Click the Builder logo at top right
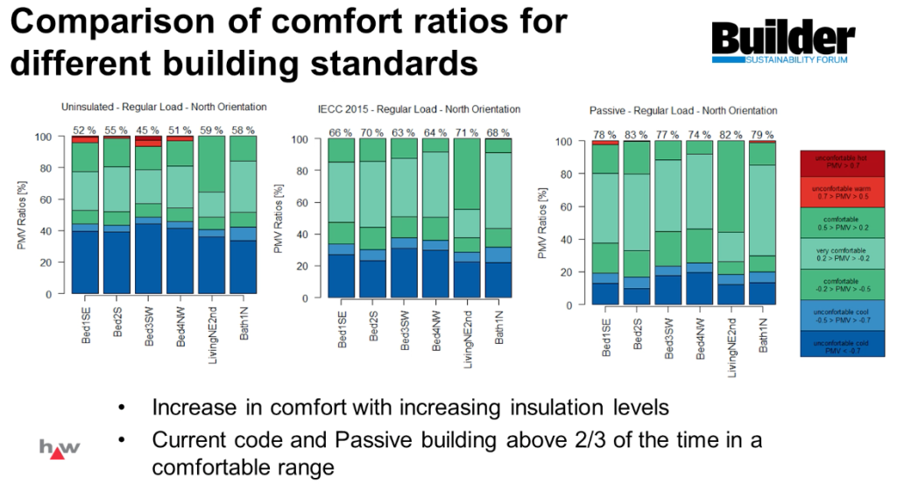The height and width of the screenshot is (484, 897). click(782, 44)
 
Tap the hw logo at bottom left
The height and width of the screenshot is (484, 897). click(60, 447)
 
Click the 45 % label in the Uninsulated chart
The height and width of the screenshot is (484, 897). click(149, 130)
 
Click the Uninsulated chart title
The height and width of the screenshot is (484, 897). click(164, 107)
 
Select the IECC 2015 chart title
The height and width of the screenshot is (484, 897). click(418, 109)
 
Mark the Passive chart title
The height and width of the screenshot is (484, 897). click(683, 111)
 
